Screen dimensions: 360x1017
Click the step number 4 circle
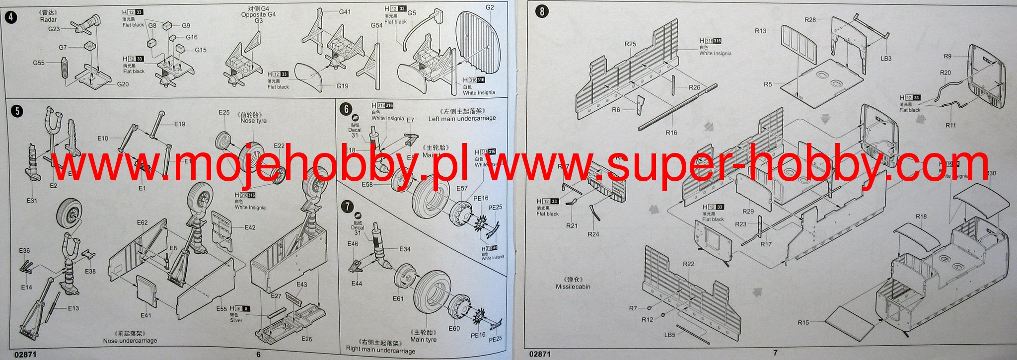10,18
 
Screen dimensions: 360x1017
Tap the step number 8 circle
541,11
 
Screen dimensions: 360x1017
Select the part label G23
54,29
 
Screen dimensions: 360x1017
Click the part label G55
39,63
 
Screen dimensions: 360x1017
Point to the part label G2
490,7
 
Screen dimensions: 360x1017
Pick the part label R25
630,44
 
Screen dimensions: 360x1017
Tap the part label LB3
886,59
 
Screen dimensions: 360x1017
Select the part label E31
31,201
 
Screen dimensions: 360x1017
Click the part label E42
250,227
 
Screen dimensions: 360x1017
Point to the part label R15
803,323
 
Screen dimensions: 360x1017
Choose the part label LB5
670,335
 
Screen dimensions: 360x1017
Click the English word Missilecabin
573,287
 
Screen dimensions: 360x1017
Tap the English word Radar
49,20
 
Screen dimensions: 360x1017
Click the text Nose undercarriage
130,341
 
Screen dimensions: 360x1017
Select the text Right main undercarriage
380,351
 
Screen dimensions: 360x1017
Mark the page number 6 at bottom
258,355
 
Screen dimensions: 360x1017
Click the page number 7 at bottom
775,353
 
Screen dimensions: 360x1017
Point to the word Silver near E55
236,320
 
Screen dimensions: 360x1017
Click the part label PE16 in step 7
478,335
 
